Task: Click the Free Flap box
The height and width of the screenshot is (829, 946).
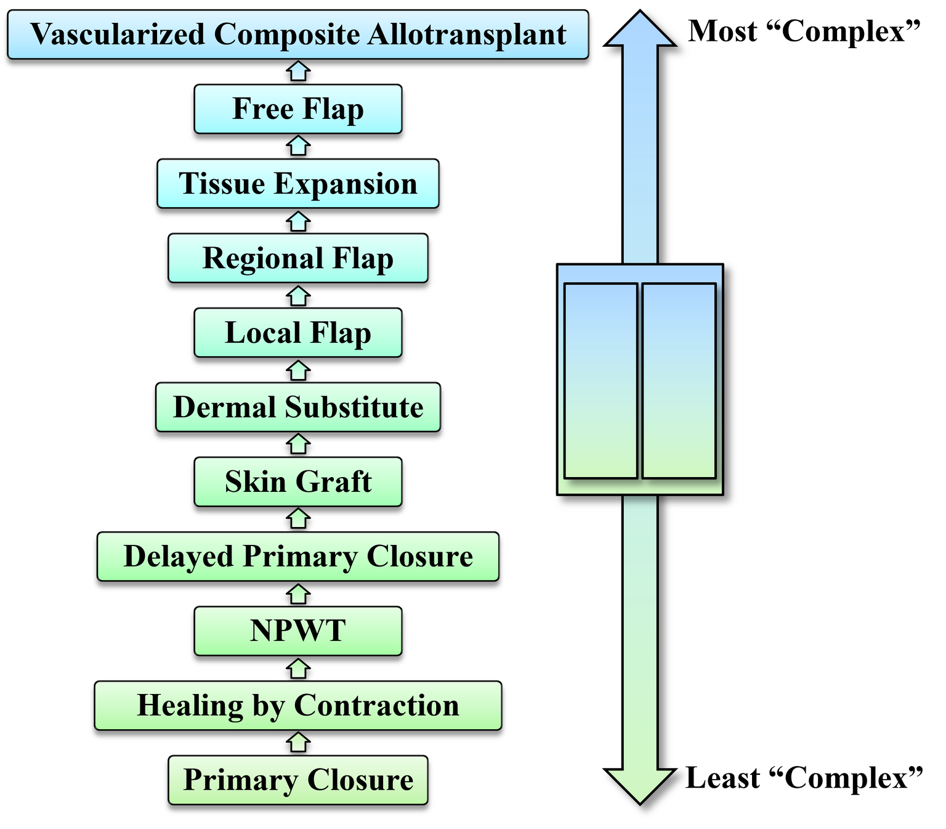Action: click(297, 108)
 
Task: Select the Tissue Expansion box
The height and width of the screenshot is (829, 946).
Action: click(297, 184)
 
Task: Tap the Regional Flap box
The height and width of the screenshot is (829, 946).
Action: click(297, 258)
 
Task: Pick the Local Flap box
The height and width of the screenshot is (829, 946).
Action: click(297, 333)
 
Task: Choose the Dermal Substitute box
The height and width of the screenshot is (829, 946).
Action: click(297, 407)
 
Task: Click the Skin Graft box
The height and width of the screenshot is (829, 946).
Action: click(297, 481)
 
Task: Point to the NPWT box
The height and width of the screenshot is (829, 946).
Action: click(297, 631)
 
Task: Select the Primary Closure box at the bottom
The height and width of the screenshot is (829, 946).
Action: click(297, 780)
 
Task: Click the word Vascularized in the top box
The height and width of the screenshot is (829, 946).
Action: click(118, 34)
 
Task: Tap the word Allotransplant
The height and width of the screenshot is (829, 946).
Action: click(467, 35)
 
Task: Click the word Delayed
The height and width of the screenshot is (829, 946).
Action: click(178, 557)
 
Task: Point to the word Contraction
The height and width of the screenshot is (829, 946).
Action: click(376, 706)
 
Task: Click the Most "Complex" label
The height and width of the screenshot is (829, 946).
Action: click(804, 31)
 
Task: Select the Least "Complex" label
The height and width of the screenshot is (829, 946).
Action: click(804, 778)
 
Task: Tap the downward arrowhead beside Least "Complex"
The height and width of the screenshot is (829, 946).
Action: click(640, 786)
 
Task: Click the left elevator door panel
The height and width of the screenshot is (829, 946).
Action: click(600, 380)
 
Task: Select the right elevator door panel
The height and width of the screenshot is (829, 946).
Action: click(679, 380)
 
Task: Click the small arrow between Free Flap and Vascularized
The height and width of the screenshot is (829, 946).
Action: click(297, 71)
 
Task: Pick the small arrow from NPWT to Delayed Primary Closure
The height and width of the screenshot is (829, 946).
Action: click(297, 594)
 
